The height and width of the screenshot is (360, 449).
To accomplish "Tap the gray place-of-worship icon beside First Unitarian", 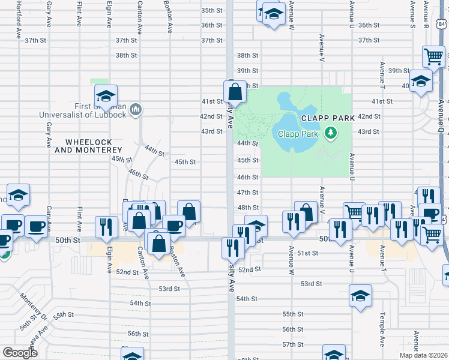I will [136, 110].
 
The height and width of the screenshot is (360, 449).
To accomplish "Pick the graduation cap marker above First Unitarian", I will [106, 95].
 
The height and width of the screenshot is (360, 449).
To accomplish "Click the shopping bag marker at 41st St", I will [235, 92].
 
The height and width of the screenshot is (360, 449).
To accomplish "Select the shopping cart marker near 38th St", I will [433, 58].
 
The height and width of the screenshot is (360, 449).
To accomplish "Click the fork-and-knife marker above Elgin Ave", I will [106, 227].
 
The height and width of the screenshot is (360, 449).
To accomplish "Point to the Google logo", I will [20, 352].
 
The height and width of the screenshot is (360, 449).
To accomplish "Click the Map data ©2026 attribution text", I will [424, 355].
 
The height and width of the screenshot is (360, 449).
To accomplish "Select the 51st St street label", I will [307, 254].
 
